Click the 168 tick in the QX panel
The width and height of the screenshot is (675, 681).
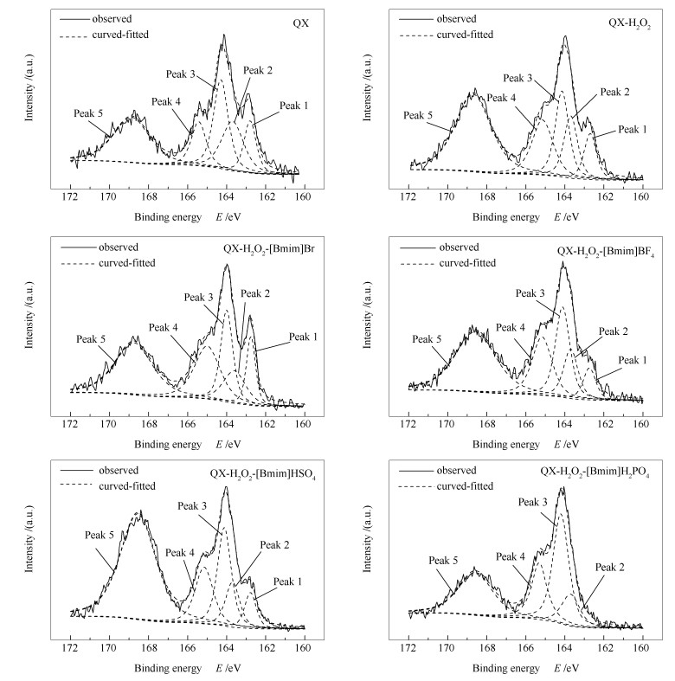click(x=147, y=195)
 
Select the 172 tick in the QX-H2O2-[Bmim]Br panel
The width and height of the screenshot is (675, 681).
click(x=69, y=424)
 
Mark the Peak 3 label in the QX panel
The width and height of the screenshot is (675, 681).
click(x=201, y=74)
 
